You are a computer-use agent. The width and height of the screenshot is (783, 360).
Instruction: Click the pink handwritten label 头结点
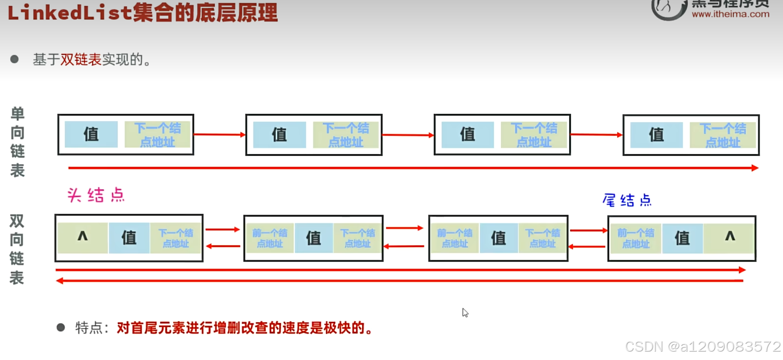tap(96, 195)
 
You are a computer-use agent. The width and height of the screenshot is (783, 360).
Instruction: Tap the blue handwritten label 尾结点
tap(627, 200)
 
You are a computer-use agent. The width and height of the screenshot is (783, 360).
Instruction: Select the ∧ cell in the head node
tap(82, 237)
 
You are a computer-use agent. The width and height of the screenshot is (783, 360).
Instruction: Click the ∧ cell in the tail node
tap(730, 237)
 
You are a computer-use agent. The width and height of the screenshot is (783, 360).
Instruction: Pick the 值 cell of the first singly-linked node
tap(91, 134)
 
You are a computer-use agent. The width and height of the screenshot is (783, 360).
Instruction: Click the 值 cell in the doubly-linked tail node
tap(682, 238)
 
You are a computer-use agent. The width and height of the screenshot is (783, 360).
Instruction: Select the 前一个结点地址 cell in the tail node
tap(636, 238)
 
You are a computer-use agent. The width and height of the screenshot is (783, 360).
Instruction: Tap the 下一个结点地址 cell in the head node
tap(176, 238)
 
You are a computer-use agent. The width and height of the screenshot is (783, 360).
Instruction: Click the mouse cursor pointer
tap(465, 312)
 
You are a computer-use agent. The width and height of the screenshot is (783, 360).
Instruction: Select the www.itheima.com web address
tap(731, 14)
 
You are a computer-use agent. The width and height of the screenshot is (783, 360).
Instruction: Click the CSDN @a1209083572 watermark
tap(703, 347)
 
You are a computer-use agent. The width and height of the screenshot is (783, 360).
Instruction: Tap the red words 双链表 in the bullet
tap(81, 60)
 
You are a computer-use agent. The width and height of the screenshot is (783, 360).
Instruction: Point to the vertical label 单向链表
tap(18, 142)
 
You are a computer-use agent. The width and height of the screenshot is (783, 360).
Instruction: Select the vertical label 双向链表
tap(17, 249)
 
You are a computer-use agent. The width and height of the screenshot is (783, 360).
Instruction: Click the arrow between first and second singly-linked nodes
tap(219, 134)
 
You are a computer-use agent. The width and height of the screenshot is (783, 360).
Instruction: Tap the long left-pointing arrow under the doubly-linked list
tap(400, 281)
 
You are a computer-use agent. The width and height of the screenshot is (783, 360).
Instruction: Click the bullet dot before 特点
tap(61, 327)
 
